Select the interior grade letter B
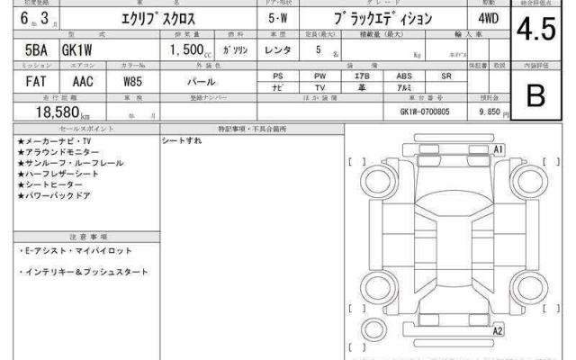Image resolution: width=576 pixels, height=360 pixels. [x=536, y=95]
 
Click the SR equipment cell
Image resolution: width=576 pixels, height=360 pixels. [x=445, y=76]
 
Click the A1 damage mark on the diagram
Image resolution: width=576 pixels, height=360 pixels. [x=498, y=148]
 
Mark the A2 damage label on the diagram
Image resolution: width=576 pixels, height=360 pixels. [x=498, y=331]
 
